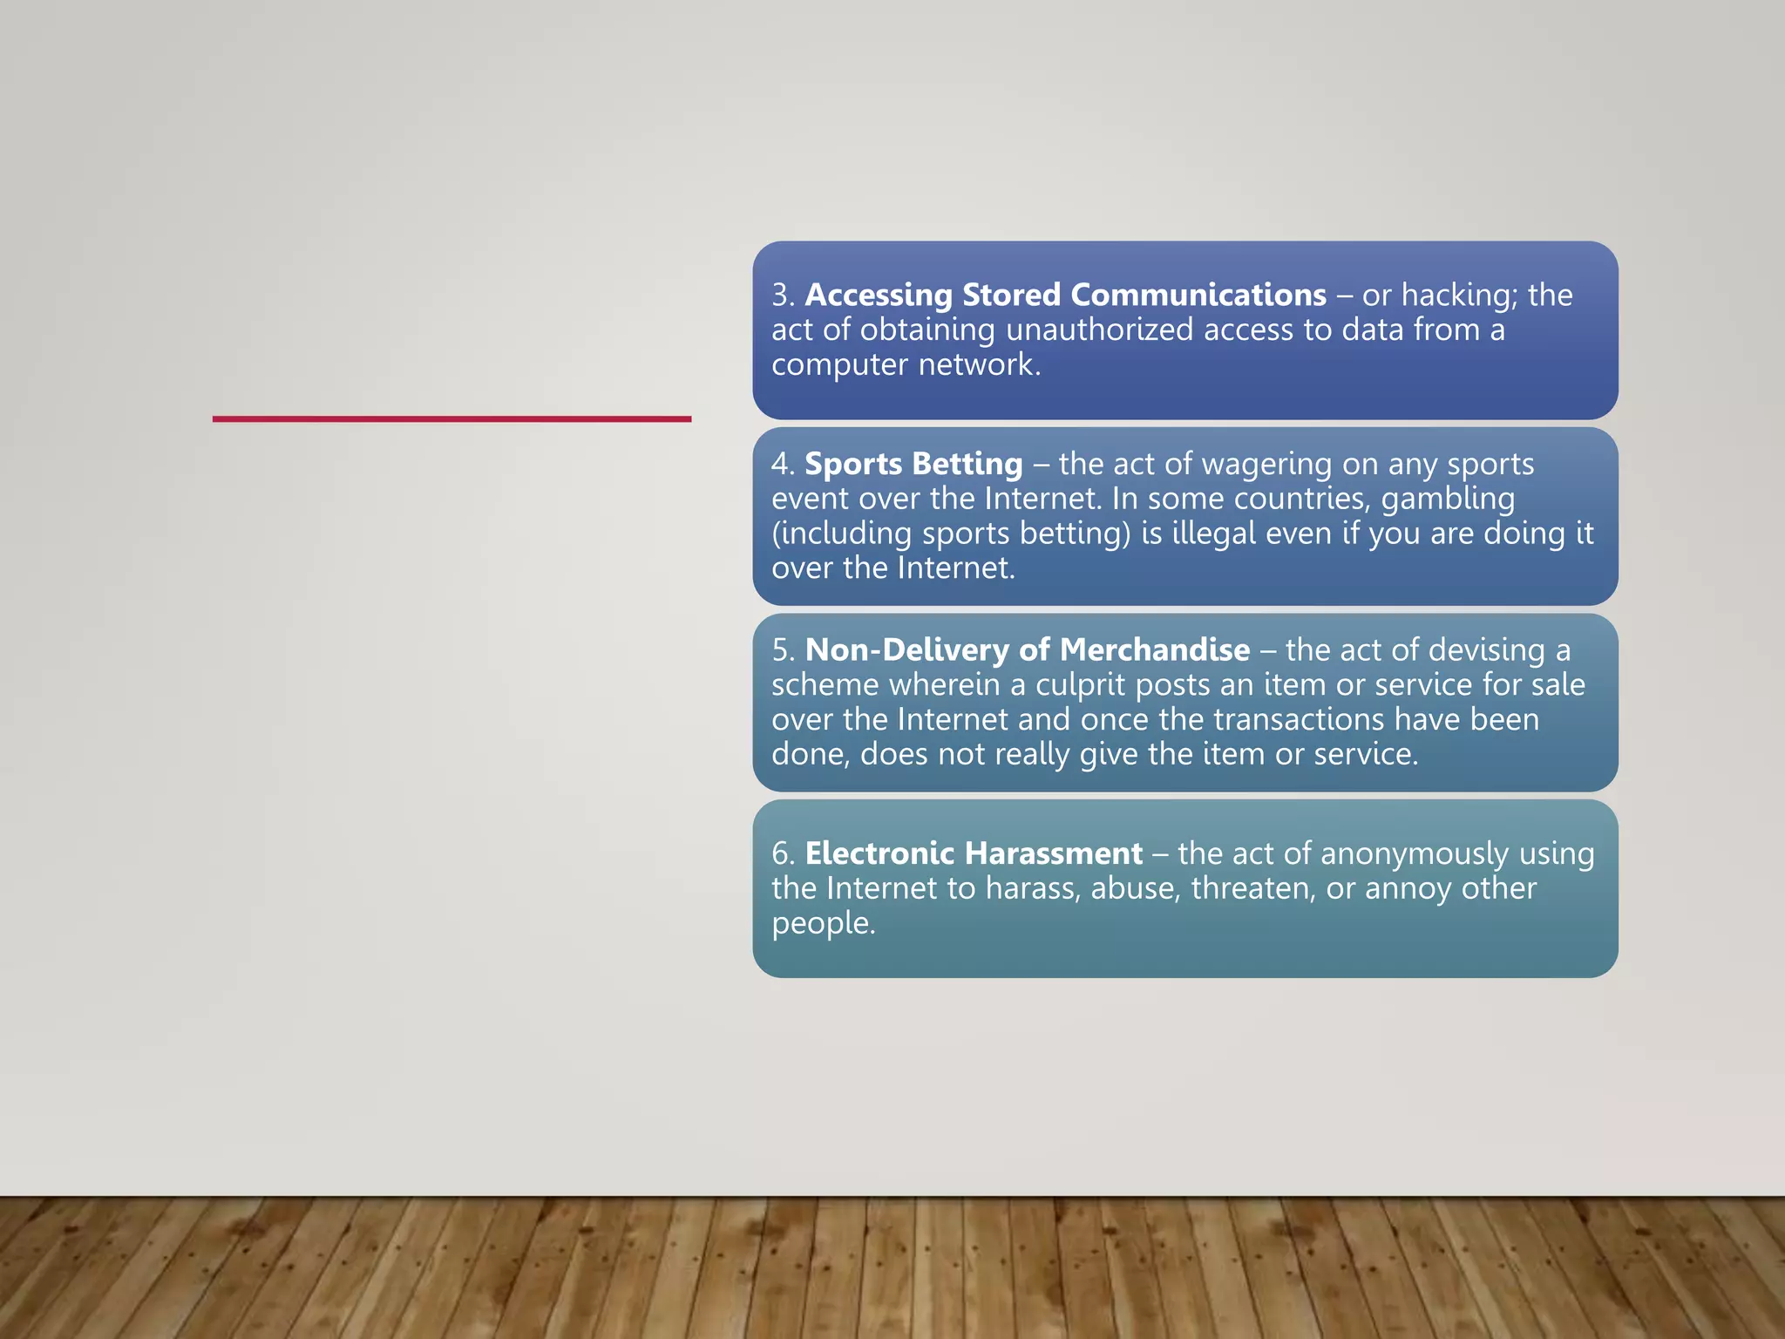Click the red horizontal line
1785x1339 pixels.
(x=451, y=419)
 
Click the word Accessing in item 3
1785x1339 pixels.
(x=879, y=296)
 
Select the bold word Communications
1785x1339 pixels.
(x=1198, y=296)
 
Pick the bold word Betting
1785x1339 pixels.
(x=967, y=465)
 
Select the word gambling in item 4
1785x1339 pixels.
(x=1448, y=500)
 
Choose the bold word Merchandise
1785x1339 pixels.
(x=1155, y=650)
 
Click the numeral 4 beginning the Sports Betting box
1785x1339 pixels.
(x=781, y=465)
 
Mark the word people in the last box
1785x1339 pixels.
(x=822, y=923)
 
